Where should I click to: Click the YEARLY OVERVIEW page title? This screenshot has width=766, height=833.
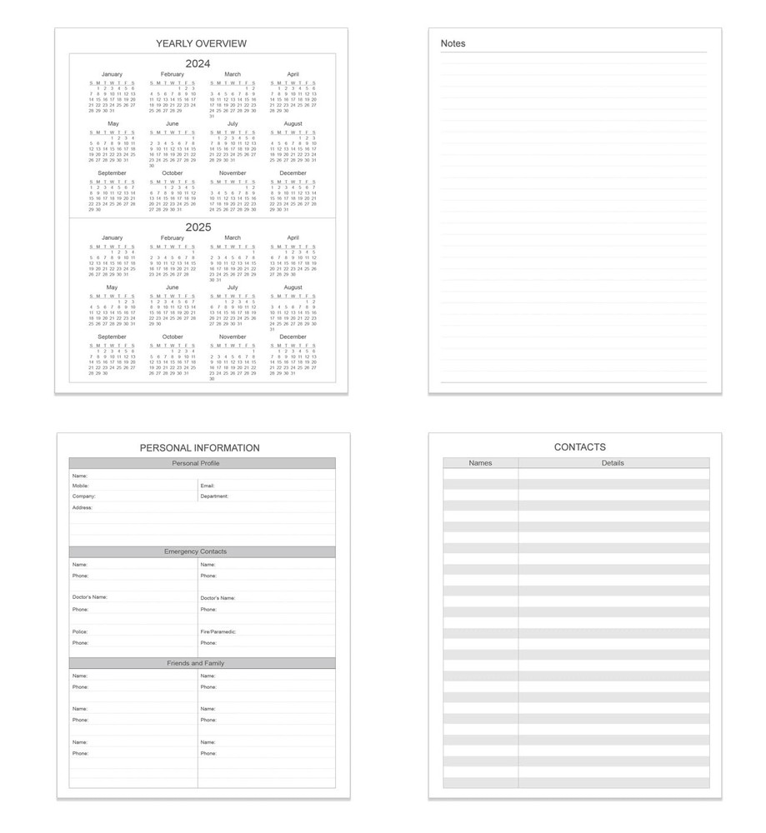201,43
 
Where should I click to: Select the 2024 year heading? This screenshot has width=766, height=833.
198,63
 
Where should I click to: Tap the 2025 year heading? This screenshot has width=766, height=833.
198,227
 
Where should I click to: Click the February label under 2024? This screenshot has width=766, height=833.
172,74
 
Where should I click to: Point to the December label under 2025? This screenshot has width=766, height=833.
293,337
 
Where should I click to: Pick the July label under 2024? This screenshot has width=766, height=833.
233,123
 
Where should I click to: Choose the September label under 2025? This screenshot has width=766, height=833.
112,337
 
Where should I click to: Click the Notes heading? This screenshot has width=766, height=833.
453,43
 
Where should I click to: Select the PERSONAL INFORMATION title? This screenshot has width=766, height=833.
199,447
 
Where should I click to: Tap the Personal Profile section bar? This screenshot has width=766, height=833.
202,463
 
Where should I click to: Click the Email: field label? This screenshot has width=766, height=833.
208,485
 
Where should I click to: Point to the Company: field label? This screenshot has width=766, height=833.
83,496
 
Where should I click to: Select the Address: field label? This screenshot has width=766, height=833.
82,507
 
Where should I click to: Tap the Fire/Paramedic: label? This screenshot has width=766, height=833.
218,631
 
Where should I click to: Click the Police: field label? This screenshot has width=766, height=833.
79,631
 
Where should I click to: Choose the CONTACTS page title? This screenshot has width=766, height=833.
579,447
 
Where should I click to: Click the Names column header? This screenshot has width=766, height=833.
480,463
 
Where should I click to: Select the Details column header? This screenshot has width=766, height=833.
613,463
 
